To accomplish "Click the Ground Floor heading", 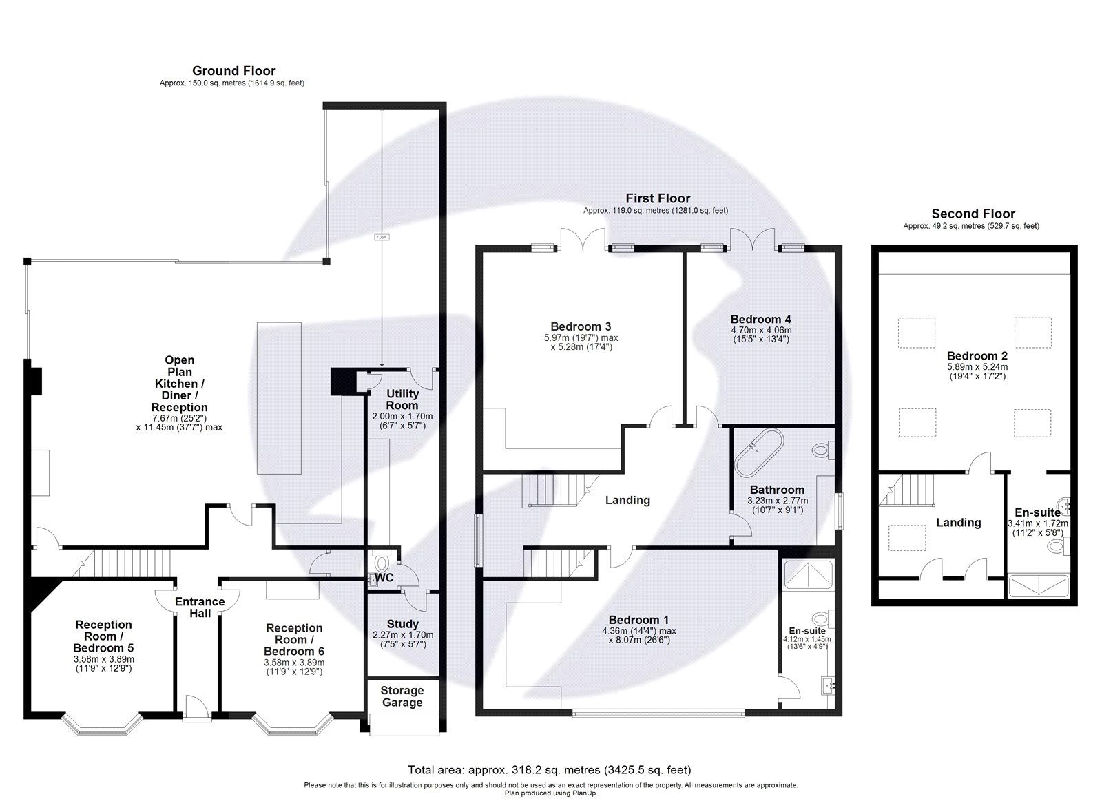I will [233, 71].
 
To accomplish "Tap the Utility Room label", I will [402, 399].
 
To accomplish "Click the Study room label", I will [402, 625].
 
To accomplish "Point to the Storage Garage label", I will [402, 696].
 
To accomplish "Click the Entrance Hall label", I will [200, 607].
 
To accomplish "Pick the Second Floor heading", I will [973, 214].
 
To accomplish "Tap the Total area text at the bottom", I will [550, 770].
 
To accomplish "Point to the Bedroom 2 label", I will [977, 356].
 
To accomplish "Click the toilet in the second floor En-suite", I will [1057, 548].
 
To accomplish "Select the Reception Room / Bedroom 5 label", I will [103, 636].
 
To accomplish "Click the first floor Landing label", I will [627, 500].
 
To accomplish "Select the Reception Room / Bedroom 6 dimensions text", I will [294, 667].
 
